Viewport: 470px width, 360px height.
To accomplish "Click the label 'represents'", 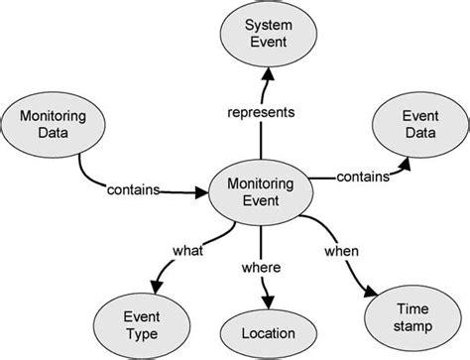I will coord(262,112).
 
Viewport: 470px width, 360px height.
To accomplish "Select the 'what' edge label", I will coord(189,252).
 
